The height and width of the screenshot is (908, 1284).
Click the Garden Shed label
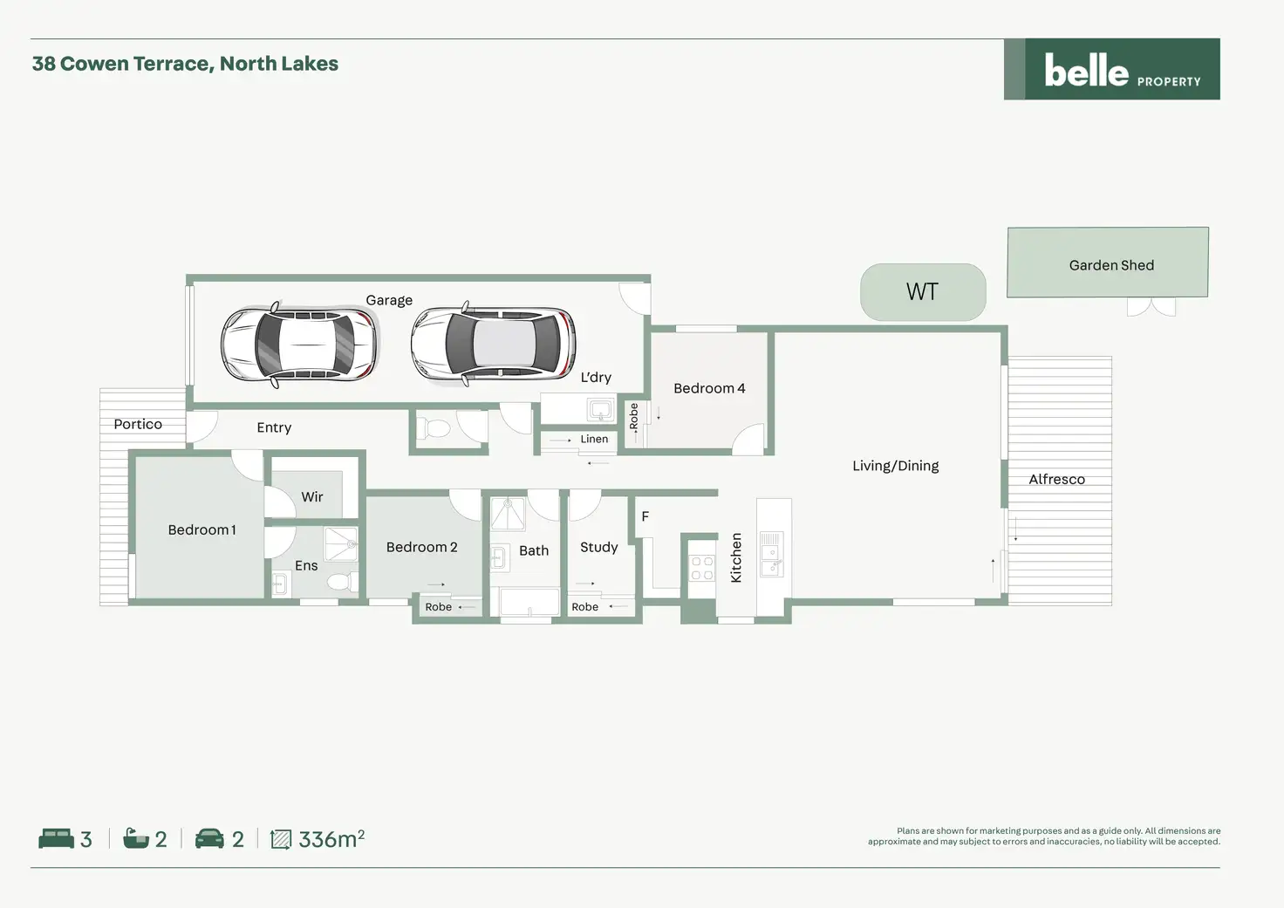tap(1110, 265)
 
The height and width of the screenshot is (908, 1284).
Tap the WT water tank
tap(922, 291)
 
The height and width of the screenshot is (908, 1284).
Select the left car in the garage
tap(300, 345)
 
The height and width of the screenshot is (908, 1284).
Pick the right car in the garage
tap(493, 345)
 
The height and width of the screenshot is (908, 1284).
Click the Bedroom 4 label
tap(709, 388)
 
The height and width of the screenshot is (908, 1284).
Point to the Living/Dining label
tap(895, 466)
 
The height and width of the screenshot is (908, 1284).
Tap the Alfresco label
tap(1056, 479)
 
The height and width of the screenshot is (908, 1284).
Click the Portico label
tap(138, 424)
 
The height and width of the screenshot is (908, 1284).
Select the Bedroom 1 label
tap(201, 529)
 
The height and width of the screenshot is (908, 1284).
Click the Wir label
tap(312, 496)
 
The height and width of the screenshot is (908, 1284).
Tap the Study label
tap(598, 547)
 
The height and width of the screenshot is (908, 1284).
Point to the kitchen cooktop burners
tap(702, 569)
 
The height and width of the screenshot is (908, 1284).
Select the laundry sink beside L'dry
tap(601, 408)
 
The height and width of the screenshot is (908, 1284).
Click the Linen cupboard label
tap(594, 439)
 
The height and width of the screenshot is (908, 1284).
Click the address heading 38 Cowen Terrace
tap(185, 64)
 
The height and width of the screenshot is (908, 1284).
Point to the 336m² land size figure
tap(331, 839)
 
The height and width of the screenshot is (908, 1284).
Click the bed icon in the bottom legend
tap(56, 838)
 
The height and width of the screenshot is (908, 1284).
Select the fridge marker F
tap(645, 516)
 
